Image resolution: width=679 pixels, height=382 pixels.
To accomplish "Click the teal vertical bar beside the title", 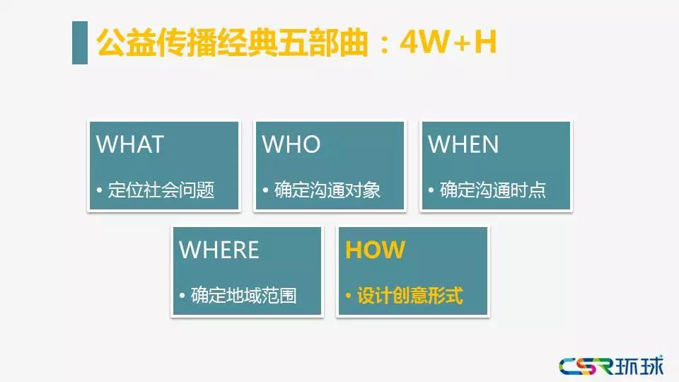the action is pyautogui.click(x=80, y=42).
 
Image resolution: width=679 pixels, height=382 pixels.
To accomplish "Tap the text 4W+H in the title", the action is pyautogui.click(x=448, y=42).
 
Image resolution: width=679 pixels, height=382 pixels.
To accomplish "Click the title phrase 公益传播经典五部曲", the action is pyautogui.click(x=232, y=42).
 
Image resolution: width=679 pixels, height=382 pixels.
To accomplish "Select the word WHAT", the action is pyautogui.click(x=130, y=144).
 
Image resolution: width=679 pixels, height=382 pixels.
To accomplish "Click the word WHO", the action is pyautogui.click(x=291, y=144).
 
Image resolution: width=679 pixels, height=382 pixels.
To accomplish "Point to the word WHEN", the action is pyautogui.click(x=463, y=144).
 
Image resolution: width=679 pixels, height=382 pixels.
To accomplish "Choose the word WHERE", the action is pyautogui.click(x=219, y=250).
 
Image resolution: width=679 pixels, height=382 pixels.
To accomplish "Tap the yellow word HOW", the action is pyautogui.click(x=376, y=250).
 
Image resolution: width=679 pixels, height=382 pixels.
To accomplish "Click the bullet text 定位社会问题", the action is pyautogui.click(x=161, y=190).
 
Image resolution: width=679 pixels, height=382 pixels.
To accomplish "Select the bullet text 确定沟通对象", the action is pyautogui.click(x=327, y=190).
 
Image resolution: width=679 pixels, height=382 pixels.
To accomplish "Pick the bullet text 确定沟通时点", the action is pyautogui.click(x=493, y=190).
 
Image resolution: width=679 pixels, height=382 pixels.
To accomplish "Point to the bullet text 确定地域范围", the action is pyautogui.click(x=244, y=296).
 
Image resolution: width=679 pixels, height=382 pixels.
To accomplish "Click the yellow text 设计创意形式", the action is pyautogui.click(x=410, y=296).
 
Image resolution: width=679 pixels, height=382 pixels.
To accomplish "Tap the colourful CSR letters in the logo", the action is pyautogui.click(x=586, y=366).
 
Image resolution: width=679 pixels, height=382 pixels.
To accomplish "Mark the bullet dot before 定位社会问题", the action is pyautogui.click(x=99, y=190).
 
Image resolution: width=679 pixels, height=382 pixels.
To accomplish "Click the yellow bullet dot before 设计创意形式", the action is pyautogui.click(x=348, y=296).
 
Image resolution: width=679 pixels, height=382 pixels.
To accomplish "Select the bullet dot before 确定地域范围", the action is pyautogui.click(x=182, y=296).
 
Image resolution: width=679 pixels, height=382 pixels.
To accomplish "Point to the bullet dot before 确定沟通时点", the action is pyautogui.click(x=431, y=190).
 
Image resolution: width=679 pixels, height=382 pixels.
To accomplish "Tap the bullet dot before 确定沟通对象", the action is pyautogui.click(x=265, y=190).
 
